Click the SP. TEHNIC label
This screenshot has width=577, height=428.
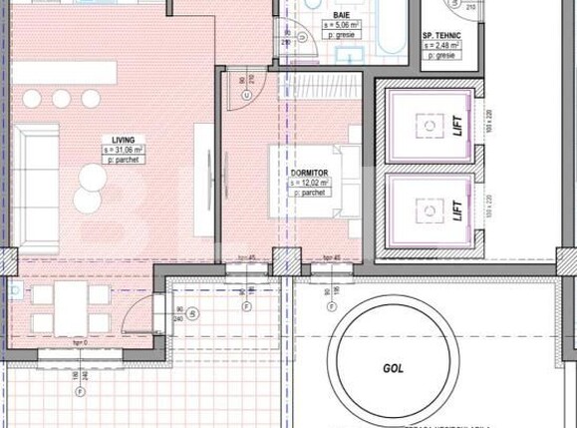(441, 34)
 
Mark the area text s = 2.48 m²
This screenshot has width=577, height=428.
(441, 44)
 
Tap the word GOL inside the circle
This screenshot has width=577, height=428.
(394, 367)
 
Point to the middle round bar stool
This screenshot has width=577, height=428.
(62, 98)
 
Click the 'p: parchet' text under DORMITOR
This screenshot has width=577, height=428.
(311, 194)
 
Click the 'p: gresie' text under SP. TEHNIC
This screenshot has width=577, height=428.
(441, 55)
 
